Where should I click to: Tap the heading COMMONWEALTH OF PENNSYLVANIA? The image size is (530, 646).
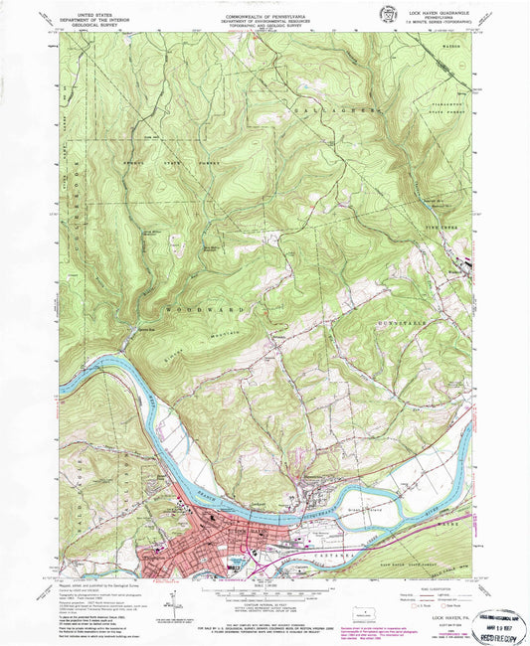pos(265,9)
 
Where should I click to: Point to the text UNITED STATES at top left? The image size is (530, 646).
pos(84,11)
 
